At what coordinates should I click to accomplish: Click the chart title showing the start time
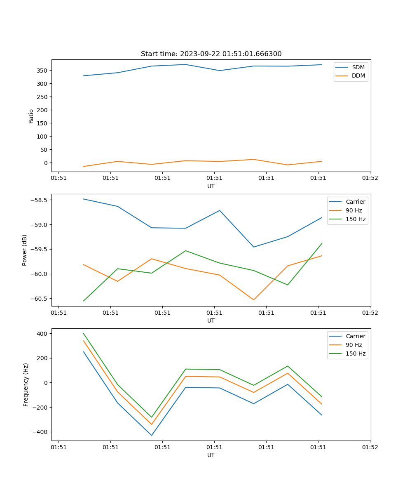point(211,54)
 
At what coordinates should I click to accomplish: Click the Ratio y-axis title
point(31,116)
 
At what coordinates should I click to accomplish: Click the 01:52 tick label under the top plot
point(370,178)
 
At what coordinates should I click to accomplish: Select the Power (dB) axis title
point(25,250)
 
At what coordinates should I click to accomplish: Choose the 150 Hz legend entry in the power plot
point(356,219)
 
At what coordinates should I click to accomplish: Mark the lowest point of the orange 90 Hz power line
point(253,300)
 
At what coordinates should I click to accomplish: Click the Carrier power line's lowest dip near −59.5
point(253,247)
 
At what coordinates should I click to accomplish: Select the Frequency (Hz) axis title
point(26,384)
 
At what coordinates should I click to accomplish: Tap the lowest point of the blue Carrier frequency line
point(152,435)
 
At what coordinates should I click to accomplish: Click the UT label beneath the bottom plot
point(211,455)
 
